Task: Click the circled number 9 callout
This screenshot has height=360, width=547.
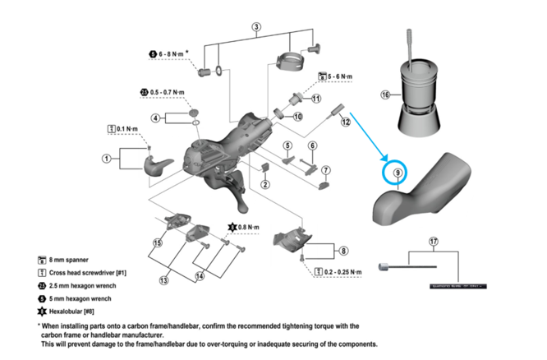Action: [398, 173]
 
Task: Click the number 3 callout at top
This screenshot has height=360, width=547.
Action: [256, 27]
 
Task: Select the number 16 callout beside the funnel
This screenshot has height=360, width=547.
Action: [384, 95]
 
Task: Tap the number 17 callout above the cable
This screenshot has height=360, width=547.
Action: [433, 242]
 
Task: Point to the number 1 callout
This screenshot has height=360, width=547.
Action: [106, 157]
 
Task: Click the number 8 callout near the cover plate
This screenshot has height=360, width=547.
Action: [342, 251]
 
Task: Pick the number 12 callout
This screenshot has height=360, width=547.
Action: [346, 122]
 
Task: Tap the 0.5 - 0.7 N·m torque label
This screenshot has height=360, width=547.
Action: [167, 91]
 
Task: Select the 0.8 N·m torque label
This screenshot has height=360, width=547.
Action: [247, 226]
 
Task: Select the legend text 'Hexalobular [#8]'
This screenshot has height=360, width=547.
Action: [79, 312]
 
